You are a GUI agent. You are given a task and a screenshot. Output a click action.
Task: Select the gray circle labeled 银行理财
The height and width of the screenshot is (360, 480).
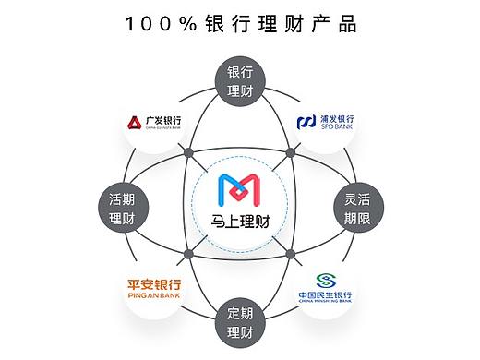click(x=240, y=81)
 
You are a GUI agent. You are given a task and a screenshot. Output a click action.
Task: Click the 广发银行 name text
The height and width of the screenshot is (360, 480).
click(x=162, y=120)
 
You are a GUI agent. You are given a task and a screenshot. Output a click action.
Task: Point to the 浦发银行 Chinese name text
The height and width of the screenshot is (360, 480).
click(x=338, y=118)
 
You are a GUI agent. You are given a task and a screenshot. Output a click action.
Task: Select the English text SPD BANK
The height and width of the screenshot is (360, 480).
click(x=337, y=128)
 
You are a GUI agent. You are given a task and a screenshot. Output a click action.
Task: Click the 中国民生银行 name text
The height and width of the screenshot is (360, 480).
click(x=325, y=294)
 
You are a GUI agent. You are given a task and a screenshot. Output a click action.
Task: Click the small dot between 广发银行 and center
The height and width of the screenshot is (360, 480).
click(x=190, y=152)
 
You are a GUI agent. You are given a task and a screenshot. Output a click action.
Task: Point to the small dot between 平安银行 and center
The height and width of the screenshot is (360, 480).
click(x=189, y=253)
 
